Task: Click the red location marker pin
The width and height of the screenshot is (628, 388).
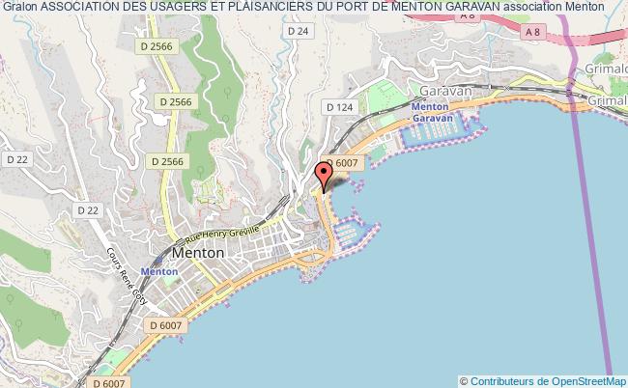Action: [x=325, y=175]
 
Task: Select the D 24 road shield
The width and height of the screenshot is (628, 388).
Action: [x=298, y=31]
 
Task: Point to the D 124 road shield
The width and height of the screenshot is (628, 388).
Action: [x=338, y=107]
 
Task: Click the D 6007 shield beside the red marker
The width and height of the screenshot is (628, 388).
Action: [x=343, y=164]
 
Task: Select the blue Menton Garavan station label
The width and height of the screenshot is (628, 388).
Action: [x=431, y=112]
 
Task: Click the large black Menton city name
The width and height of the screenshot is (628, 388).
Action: [x=198, y=253]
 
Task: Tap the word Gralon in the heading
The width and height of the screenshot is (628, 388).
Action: [x=20, y=7]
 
